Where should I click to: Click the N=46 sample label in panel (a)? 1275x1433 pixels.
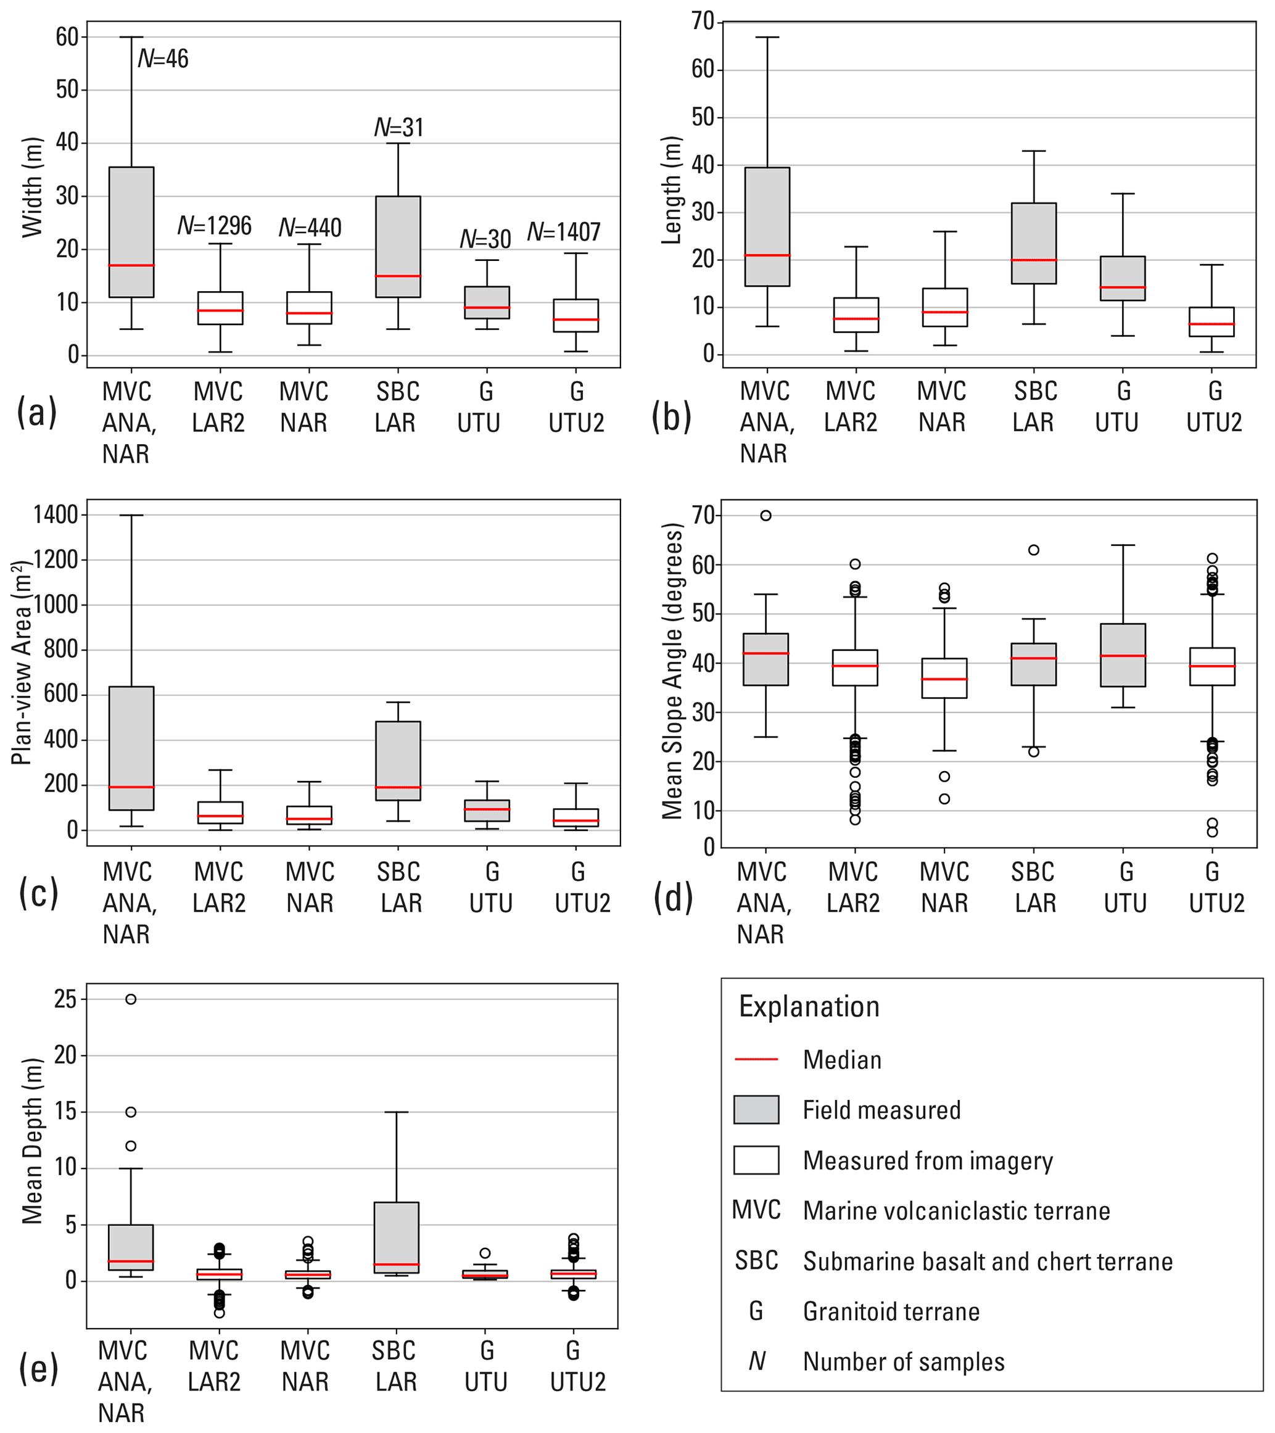(163, 59)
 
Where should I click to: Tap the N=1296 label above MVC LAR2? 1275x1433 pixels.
(214, 226)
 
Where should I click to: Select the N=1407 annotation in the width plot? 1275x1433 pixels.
(564, 232)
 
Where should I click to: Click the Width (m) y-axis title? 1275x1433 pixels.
(32, 187)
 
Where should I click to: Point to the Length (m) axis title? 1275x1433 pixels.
(672, 190)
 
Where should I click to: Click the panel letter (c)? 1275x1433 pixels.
(38, 893)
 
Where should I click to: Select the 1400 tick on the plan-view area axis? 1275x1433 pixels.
(56, 515)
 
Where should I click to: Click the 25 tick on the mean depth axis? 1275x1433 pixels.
(65, 999)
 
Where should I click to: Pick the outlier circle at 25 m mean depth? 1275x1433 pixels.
(131, 999)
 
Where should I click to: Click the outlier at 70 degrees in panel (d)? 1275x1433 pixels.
(766, 516)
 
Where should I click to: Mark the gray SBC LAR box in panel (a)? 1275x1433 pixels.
(398, 247)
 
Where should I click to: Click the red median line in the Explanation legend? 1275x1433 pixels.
(756, 1059)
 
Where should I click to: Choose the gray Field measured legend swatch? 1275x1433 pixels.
(756, 1109)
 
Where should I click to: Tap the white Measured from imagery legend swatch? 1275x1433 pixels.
(756, 1160)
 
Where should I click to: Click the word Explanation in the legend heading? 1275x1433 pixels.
(809, 1007)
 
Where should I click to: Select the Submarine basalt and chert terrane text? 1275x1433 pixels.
(988, 1262)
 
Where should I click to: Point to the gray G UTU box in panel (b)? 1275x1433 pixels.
(1123, 278)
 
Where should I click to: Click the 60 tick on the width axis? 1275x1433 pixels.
(67, 37)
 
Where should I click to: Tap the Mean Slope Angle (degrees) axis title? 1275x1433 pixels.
(672, 671)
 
